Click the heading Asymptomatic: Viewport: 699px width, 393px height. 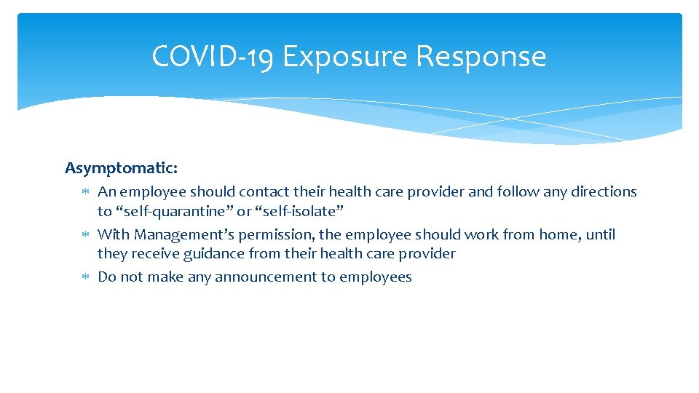coord(121,168)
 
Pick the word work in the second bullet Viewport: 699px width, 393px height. coord(482,234)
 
